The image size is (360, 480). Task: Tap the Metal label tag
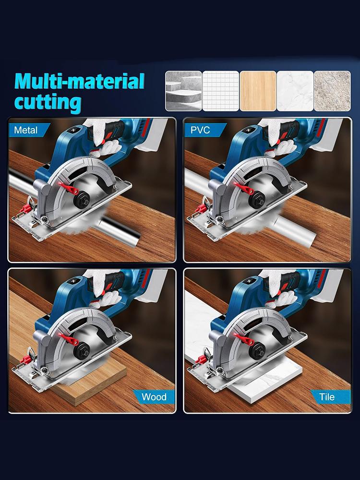(26, 130)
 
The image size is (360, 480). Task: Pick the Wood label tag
(154, 396)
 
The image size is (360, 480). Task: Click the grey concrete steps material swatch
(183, 91)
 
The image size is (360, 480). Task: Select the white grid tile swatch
(220, 91)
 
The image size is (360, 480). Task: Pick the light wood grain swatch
(258, 91)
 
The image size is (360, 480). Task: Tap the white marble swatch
(295, 91)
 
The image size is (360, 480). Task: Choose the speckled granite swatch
(332, 91)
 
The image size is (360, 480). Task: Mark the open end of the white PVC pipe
(309, 235)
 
